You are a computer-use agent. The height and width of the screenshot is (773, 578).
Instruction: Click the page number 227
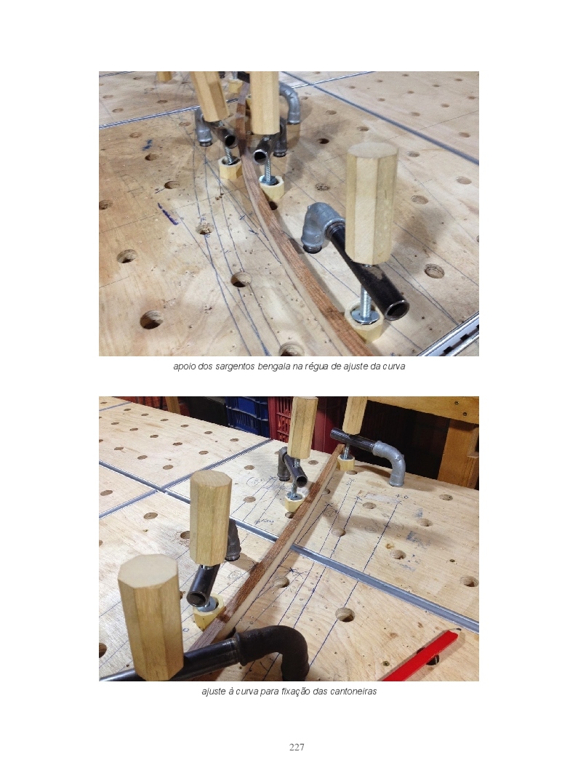point(296,747)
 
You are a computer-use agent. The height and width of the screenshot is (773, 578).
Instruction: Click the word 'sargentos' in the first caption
point(235,367)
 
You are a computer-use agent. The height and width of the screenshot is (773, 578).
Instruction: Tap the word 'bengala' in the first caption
point(273,367)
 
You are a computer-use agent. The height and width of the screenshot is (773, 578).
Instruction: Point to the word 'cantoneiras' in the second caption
point(353,691)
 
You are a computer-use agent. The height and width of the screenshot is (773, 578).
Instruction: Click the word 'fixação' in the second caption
point(296,691)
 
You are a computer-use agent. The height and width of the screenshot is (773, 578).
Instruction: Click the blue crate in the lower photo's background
point(247,417)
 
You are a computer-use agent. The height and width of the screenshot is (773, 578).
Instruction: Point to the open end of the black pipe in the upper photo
point(396,308)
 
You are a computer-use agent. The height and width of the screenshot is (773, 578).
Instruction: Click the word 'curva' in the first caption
point(394,367)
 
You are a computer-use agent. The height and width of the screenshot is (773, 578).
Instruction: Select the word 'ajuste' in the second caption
point(213,692)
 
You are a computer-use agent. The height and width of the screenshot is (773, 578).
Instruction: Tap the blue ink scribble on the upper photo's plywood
point(166,214)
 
